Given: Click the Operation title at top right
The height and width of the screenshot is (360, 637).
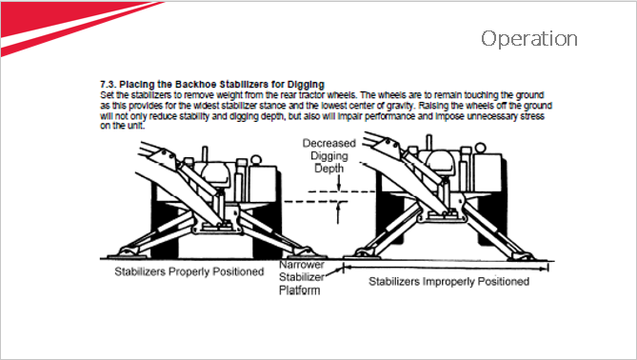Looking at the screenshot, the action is pyautogui.click(x=529, y=39).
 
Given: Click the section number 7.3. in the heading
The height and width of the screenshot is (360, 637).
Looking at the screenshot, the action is pyautogui.click(x=108, y=85).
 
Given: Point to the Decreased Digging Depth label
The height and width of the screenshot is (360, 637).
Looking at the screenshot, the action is pyautogui.click(x=329, y=155).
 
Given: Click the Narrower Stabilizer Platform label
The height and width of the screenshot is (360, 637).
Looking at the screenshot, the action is pyautogui.click(x=302, y=277).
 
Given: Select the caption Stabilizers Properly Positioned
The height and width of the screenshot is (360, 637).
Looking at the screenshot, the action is pyautogui.click(x=189, y=271).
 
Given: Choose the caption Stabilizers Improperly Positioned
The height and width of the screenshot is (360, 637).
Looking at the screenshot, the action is pyautogui.click(x=448, y=281).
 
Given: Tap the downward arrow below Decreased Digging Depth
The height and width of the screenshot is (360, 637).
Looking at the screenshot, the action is pyautogui.click(x=338, y=183).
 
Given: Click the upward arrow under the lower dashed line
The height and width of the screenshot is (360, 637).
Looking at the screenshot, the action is pyautogui.click(x=338, y=212).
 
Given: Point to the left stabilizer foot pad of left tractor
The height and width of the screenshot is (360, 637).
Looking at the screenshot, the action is pyautogui.click(x=129, y=252).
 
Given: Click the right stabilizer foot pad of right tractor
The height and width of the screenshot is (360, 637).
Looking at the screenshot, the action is pyautogui.click(x=521, y=256).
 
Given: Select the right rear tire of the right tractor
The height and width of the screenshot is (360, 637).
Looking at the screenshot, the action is pyautogui.click(x=493, y=203).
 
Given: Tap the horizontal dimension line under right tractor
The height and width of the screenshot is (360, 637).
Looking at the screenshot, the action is pyautogui.click(x=446, y=268).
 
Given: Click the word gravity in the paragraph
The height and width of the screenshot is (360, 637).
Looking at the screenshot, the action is pyautogui.click(x=400, y=106).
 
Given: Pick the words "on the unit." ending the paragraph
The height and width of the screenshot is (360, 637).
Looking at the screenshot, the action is pyautogui.click(x=122, y=126).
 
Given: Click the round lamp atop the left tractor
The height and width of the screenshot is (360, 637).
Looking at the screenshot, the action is pyautogui.click(x=256, y=159).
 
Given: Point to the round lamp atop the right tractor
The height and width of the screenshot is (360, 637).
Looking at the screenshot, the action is pyautogui.click(x=480, y=148).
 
